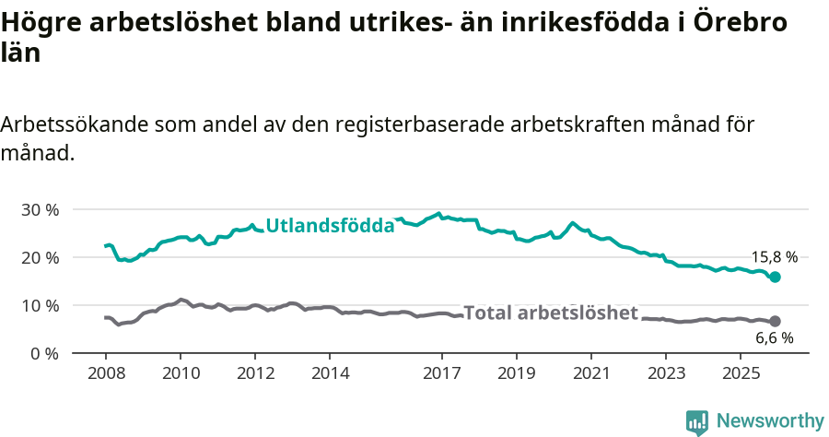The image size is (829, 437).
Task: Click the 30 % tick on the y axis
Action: pos(40,210)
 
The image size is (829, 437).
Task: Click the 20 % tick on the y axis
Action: pos(40,258)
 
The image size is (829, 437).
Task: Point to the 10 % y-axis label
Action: pos(40,306)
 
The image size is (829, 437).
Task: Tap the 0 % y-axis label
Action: pos(44,354)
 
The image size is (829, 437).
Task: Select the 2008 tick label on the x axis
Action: pos(106,373)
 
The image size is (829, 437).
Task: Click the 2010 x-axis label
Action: pos(181,373)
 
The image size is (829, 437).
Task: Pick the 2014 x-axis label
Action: pos(330,373)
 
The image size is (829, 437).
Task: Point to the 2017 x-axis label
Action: pos(442,373)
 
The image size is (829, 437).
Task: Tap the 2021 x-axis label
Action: pos(591,373)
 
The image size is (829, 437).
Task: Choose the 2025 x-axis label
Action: pos(741,373)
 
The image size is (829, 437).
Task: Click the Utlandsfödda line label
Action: pos(330,226)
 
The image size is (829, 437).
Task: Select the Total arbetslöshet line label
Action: pos(550,313)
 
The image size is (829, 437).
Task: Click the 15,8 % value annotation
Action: pos(773,258)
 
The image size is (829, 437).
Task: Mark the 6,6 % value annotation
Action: pos(774,338)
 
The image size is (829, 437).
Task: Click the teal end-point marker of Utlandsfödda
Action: pos(776,277)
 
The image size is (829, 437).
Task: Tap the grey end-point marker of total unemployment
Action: pos(776,321)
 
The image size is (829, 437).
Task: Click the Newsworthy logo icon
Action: pos(696,422)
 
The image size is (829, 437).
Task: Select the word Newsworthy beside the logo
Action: pos(770,421)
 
